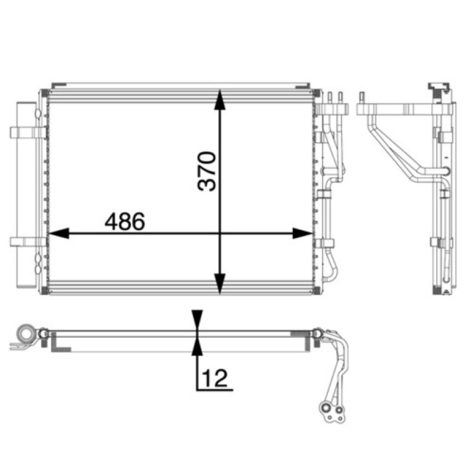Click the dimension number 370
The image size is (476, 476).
pos(206,171)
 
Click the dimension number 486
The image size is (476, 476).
pos(125,221)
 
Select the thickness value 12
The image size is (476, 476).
pos(215,378)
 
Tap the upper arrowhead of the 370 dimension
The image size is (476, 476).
pos(220,99)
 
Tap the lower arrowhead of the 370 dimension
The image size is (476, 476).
pos(220,284)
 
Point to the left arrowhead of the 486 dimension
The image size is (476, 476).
pos(59,233)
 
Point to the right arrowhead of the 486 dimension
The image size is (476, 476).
pos(302,233)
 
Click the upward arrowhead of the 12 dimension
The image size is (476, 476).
pos(198,346)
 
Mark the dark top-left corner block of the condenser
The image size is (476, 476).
pos(44,93)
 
